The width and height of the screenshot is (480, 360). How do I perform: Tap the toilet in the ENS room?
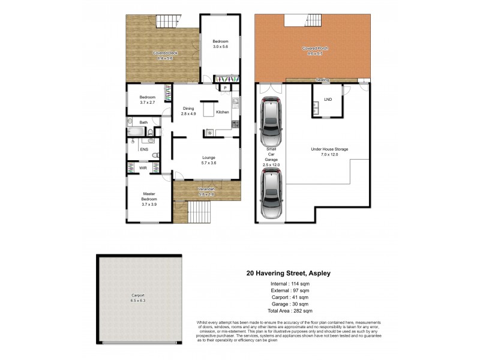(155, 155)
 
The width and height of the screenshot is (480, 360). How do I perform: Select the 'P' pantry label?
(225, 88)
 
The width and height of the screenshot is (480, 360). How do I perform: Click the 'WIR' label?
(143, 168)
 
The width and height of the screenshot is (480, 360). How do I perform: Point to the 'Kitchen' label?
(222, 113)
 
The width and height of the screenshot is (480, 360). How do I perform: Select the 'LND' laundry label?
(328, 99)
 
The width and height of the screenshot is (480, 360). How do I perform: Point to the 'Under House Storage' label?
(329, 149)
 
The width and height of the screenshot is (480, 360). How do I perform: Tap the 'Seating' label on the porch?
(322, 80)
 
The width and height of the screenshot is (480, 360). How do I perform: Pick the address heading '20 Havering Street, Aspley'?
(288, 272)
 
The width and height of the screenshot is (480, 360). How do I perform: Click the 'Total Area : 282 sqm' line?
(290, 311)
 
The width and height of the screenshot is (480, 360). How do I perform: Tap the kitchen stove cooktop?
(236, 124)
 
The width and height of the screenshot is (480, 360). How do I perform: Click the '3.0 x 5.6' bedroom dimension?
(221, 47)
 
